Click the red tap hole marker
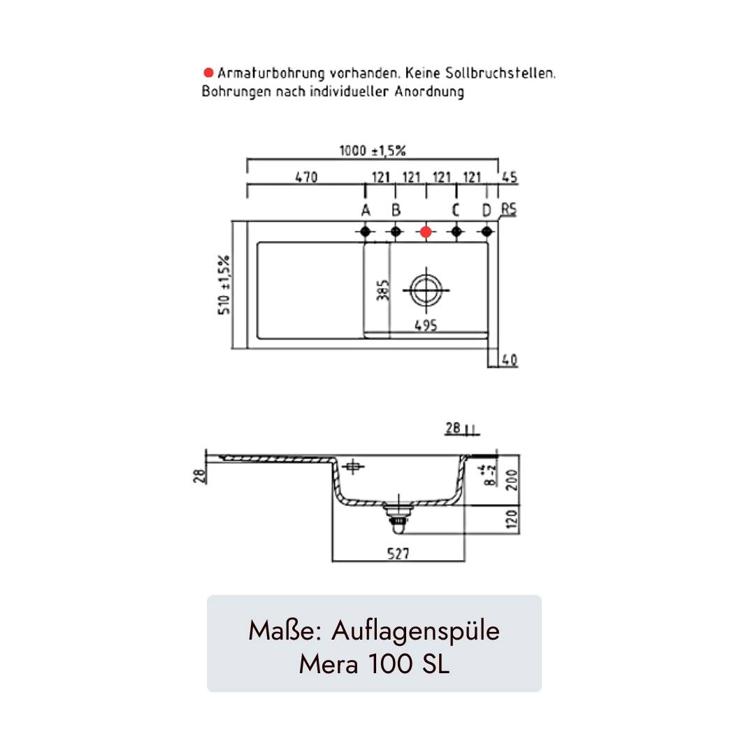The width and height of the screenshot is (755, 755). pos(426,231)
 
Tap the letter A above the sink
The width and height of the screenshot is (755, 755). pos(365,210)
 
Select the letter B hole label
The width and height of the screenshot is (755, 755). pos(396,210)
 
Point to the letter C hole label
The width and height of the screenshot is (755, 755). pos(456,210)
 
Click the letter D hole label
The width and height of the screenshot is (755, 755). pos(487,210)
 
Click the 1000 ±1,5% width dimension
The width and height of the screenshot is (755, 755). pos(373,150)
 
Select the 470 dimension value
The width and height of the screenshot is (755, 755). pos(305,178)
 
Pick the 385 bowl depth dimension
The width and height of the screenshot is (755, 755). pos(382,289)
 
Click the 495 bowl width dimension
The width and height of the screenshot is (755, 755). pos(426,325)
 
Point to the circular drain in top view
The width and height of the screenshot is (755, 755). pos(426,289)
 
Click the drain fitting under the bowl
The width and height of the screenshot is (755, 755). pos(397,515)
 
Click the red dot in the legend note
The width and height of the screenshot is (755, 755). pos(208,73)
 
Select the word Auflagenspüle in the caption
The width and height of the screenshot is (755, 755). pos(416,631)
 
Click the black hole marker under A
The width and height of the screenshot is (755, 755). pos(365,231)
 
